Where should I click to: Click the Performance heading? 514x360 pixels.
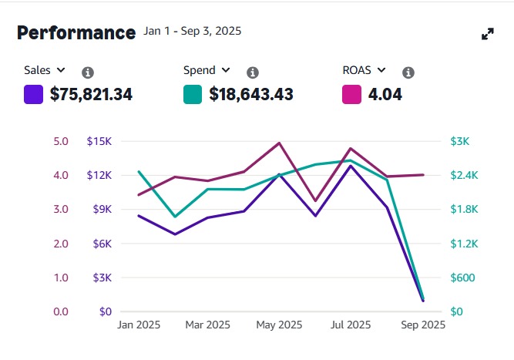pyautogui.click(x=76, y=32)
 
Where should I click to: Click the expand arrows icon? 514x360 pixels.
pyautogui.click(x=487, y=34)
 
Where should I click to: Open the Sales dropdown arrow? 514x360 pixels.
pyautogui.click(x=61, y=70)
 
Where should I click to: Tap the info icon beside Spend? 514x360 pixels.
pyautogui.click(x=252, y=72)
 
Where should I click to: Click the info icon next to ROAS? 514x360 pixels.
pyautogui.click(x=408, y=72)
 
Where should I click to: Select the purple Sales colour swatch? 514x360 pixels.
pyautogui.click(x=34, y=95)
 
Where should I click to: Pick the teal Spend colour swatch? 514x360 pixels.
pyautogui.click(x=193, y=95)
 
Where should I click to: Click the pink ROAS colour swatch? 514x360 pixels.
pyautogui.click(x=351, y=95)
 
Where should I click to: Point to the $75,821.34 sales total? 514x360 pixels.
pyautogui.click(x=91, y=95)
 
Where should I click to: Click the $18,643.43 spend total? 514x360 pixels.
pyautogui.click(x=251, y=95)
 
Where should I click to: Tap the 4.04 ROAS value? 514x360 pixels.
pyautogui.click(x=385, y=95)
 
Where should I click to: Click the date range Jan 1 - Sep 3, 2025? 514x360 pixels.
pyautogui.click(x=193, y=32)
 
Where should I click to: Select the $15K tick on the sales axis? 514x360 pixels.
pyautogui.click(x=99, y=141)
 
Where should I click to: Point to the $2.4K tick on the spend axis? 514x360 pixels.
pyautogui.click(x=465, y=176)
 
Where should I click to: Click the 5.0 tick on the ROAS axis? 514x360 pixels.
pyautogui.click(x=61, y=141)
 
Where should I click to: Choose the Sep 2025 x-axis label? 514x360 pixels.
pyautogui.click(x=422, y=325)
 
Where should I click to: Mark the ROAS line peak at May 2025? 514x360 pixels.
pyautogui.click(x=279, y=143)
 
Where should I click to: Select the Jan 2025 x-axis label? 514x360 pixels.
pyautogui.click(x=139, y=325)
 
